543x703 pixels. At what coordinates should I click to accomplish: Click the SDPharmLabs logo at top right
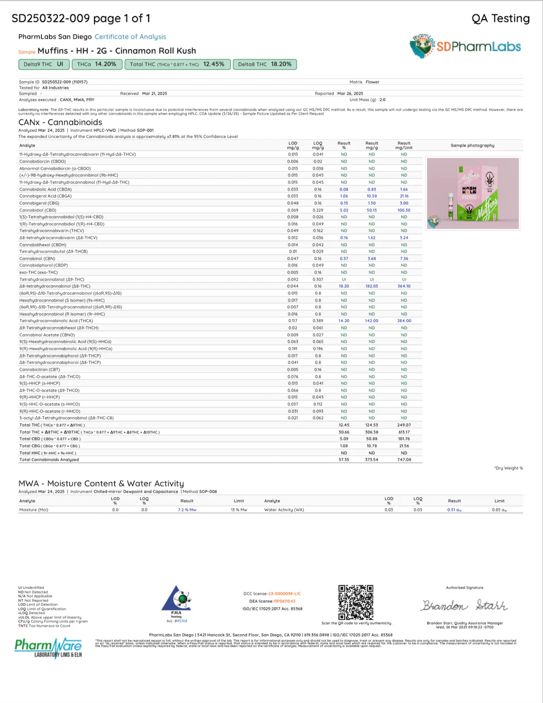point(466,46)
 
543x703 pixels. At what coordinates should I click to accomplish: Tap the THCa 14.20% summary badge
point(96,64)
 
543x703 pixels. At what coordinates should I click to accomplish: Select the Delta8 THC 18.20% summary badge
point(265,64)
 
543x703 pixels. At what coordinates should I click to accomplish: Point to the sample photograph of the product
point(473,193)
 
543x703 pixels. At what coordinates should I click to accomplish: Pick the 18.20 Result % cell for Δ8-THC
point(344,286)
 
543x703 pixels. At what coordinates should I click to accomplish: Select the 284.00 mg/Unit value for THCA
point(404,321)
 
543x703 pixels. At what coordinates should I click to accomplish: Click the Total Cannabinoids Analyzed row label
point(49,459)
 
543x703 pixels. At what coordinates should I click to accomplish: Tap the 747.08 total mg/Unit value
point(404,459)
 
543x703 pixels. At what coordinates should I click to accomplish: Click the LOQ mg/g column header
point(318,146)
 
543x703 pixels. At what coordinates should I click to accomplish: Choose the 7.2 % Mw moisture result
point(187,510)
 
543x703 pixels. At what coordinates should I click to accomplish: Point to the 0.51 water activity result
point(454,510)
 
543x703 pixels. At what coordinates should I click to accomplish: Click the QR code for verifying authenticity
point(356,602)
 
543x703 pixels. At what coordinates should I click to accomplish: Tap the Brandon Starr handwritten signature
point(464,605)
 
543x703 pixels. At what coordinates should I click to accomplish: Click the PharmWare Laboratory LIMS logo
point(48,648)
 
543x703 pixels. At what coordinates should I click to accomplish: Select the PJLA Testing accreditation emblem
point(176,602)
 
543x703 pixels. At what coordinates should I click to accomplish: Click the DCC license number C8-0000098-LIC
point(284,594)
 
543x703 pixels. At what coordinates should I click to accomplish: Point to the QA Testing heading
point(500,19)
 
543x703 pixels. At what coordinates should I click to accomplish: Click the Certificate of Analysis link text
point(130,37)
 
